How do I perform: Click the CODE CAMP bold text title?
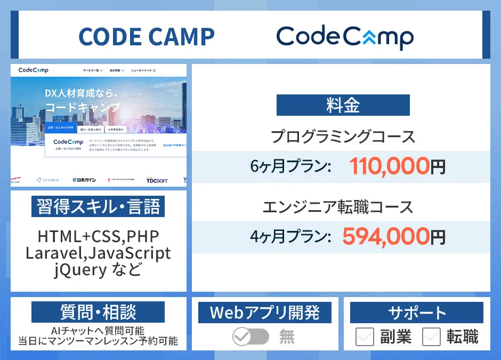[147, 36]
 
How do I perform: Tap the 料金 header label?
[343, 105]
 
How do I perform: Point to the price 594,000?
[385, 236]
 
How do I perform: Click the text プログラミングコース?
[343, 137]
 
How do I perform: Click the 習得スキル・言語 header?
[98, 206]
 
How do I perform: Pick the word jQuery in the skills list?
[80, 269]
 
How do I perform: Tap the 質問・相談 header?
[98, 312]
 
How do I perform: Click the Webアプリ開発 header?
[264, 313]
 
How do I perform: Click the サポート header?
[417, 313]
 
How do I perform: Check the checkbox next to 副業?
[365, 337]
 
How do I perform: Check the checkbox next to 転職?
[431, 337]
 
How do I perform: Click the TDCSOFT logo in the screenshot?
[157, 180]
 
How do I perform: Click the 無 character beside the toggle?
[287, 337]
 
